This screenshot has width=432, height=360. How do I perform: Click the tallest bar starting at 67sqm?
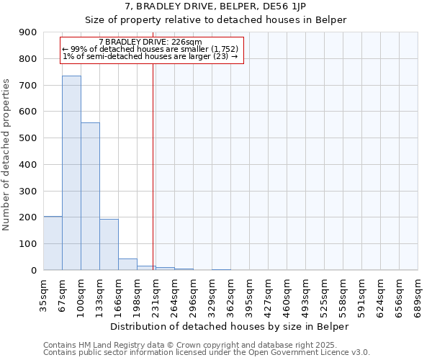pyautogui.click(x=71, y=173)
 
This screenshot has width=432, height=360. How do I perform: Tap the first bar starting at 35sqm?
pyautogui.click(x=53, y=243)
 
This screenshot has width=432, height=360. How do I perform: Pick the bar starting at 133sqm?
pyautogui.click(x=109, y=244)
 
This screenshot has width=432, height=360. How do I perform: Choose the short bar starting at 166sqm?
pyautogui.click(x=127, y=264)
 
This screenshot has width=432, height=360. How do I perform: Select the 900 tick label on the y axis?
pyautogui.click(x=28, y=32)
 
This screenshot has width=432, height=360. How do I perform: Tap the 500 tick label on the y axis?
pyautogui.click(x=28, y=138)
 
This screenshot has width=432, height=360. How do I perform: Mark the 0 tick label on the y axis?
pyautogui.click(x=33, y=270)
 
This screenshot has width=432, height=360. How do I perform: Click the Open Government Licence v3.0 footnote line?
pyautogui.click(x=207, y=353)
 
